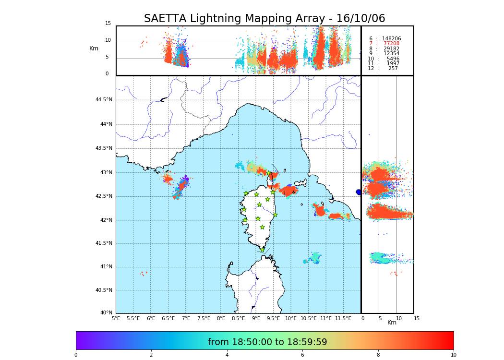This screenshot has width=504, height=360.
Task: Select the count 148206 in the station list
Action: click(391, 39)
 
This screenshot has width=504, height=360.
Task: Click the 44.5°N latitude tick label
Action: click(104, 100)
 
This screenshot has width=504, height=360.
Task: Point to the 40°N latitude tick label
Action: click(106, 313)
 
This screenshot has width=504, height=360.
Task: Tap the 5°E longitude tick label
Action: click(116, 318)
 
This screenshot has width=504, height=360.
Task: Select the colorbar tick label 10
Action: click(453, 355)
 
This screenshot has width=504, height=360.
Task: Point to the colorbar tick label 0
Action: click(76, 355)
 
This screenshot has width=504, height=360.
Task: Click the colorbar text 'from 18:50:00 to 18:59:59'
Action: click(267, 342)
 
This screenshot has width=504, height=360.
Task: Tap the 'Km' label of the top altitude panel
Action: click(94, 48)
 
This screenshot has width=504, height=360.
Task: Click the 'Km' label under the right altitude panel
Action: click(392, 323)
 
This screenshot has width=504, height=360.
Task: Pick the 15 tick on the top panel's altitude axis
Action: click(108, 24)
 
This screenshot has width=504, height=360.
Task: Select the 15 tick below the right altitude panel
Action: click(417, 318)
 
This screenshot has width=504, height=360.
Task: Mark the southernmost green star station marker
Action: click(262, 250)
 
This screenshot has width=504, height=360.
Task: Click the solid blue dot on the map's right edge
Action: click(359, 192)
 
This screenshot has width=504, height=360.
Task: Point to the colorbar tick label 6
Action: click(302, 355)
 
